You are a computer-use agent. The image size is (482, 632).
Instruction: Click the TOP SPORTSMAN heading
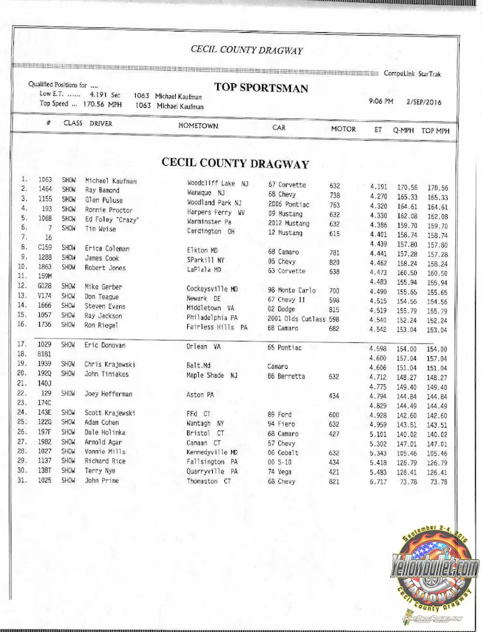[x=261, y=87]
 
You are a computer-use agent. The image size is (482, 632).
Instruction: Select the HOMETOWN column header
[x=198, y=126]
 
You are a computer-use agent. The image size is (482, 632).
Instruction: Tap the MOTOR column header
[x=343, y=129]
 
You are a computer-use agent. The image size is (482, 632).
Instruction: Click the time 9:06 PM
[x=381, y=101]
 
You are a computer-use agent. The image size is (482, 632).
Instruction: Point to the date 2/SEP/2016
[x=424, y=101]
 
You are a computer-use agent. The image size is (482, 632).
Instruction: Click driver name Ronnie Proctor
[x=109, y=210]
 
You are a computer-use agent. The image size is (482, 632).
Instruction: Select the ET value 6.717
[x=378, y=502]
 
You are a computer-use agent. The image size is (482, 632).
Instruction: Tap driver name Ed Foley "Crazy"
[x=112, y=220]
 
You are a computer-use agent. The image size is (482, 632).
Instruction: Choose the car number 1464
[x=46, y=190]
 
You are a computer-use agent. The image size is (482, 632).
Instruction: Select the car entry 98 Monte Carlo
[x=292, y=289]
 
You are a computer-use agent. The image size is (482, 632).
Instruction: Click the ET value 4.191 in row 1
[x=378, y=187]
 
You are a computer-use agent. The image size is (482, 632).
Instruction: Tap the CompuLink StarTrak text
[x=412, y=73]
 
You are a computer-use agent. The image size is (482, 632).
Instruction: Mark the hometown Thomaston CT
[x=212, y=501]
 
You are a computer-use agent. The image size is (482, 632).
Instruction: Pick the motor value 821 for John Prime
[x=335, y=501]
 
